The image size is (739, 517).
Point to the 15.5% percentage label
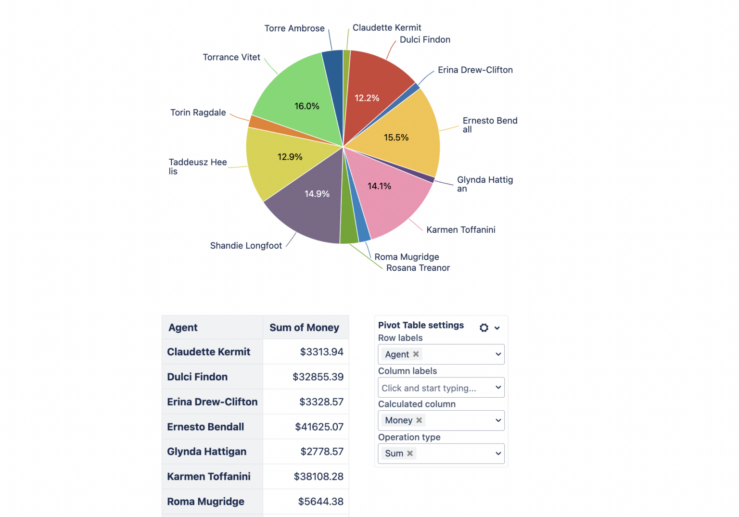pyautogui.click(x=396, y=138)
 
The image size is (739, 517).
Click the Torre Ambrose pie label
pyautogui.click(x=294, y=28)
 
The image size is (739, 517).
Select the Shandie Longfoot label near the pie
pyautogui.click(x=246, y=246)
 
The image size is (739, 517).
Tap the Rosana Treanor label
pyautogui.click(x=418, y=268)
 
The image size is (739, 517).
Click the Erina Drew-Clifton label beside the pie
pyautogui.click(x=475, y=70)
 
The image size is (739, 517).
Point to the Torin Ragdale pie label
pyautogui.click(x=198, y=113)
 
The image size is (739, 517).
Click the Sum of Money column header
pyautogui.click(x=304, y=328)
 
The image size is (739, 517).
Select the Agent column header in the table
pyautogui.click(x=183, y=328)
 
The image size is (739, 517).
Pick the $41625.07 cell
pyautogui.click(x=319, y=427)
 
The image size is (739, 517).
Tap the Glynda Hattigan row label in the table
pyautogui.click(x=206, y=452)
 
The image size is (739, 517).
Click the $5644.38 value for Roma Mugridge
pyautogui.click(x=320, y=502)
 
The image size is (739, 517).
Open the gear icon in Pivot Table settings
pyautogui.click(x=484, y=328)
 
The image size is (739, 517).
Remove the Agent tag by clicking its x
pyautogui.click(x=416, y=354)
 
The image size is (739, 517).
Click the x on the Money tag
pyautogui.click(x=419, y=420)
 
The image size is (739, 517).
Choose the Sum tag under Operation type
pyautogui.click(x=394, y=454)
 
